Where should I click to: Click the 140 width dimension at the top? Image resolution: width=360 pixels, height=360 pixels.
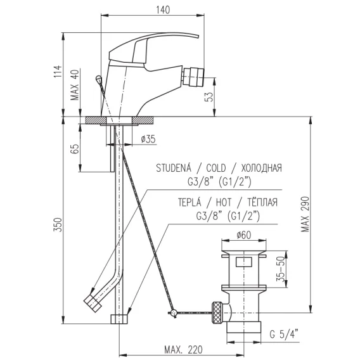(x=163, y=10)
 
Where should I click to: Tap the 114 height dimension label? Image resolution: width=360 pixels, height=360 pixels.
(x=58, y=72)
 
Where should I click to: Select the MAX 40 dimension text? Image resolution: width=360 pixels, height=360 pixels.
(x=75, y=85)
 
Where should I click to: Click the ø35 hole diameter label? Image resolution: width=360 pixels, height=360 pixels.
(x=148, y=139)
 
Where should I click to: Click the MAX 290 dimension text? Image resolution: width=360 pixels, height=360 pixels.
(x=305, y=214)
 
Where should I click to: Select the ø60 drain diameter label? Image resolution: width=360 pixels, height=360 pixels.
(x=243, y=235)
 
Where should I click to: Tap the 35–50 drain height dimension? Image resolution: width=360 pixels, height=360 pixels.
(x=281, y=269)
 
